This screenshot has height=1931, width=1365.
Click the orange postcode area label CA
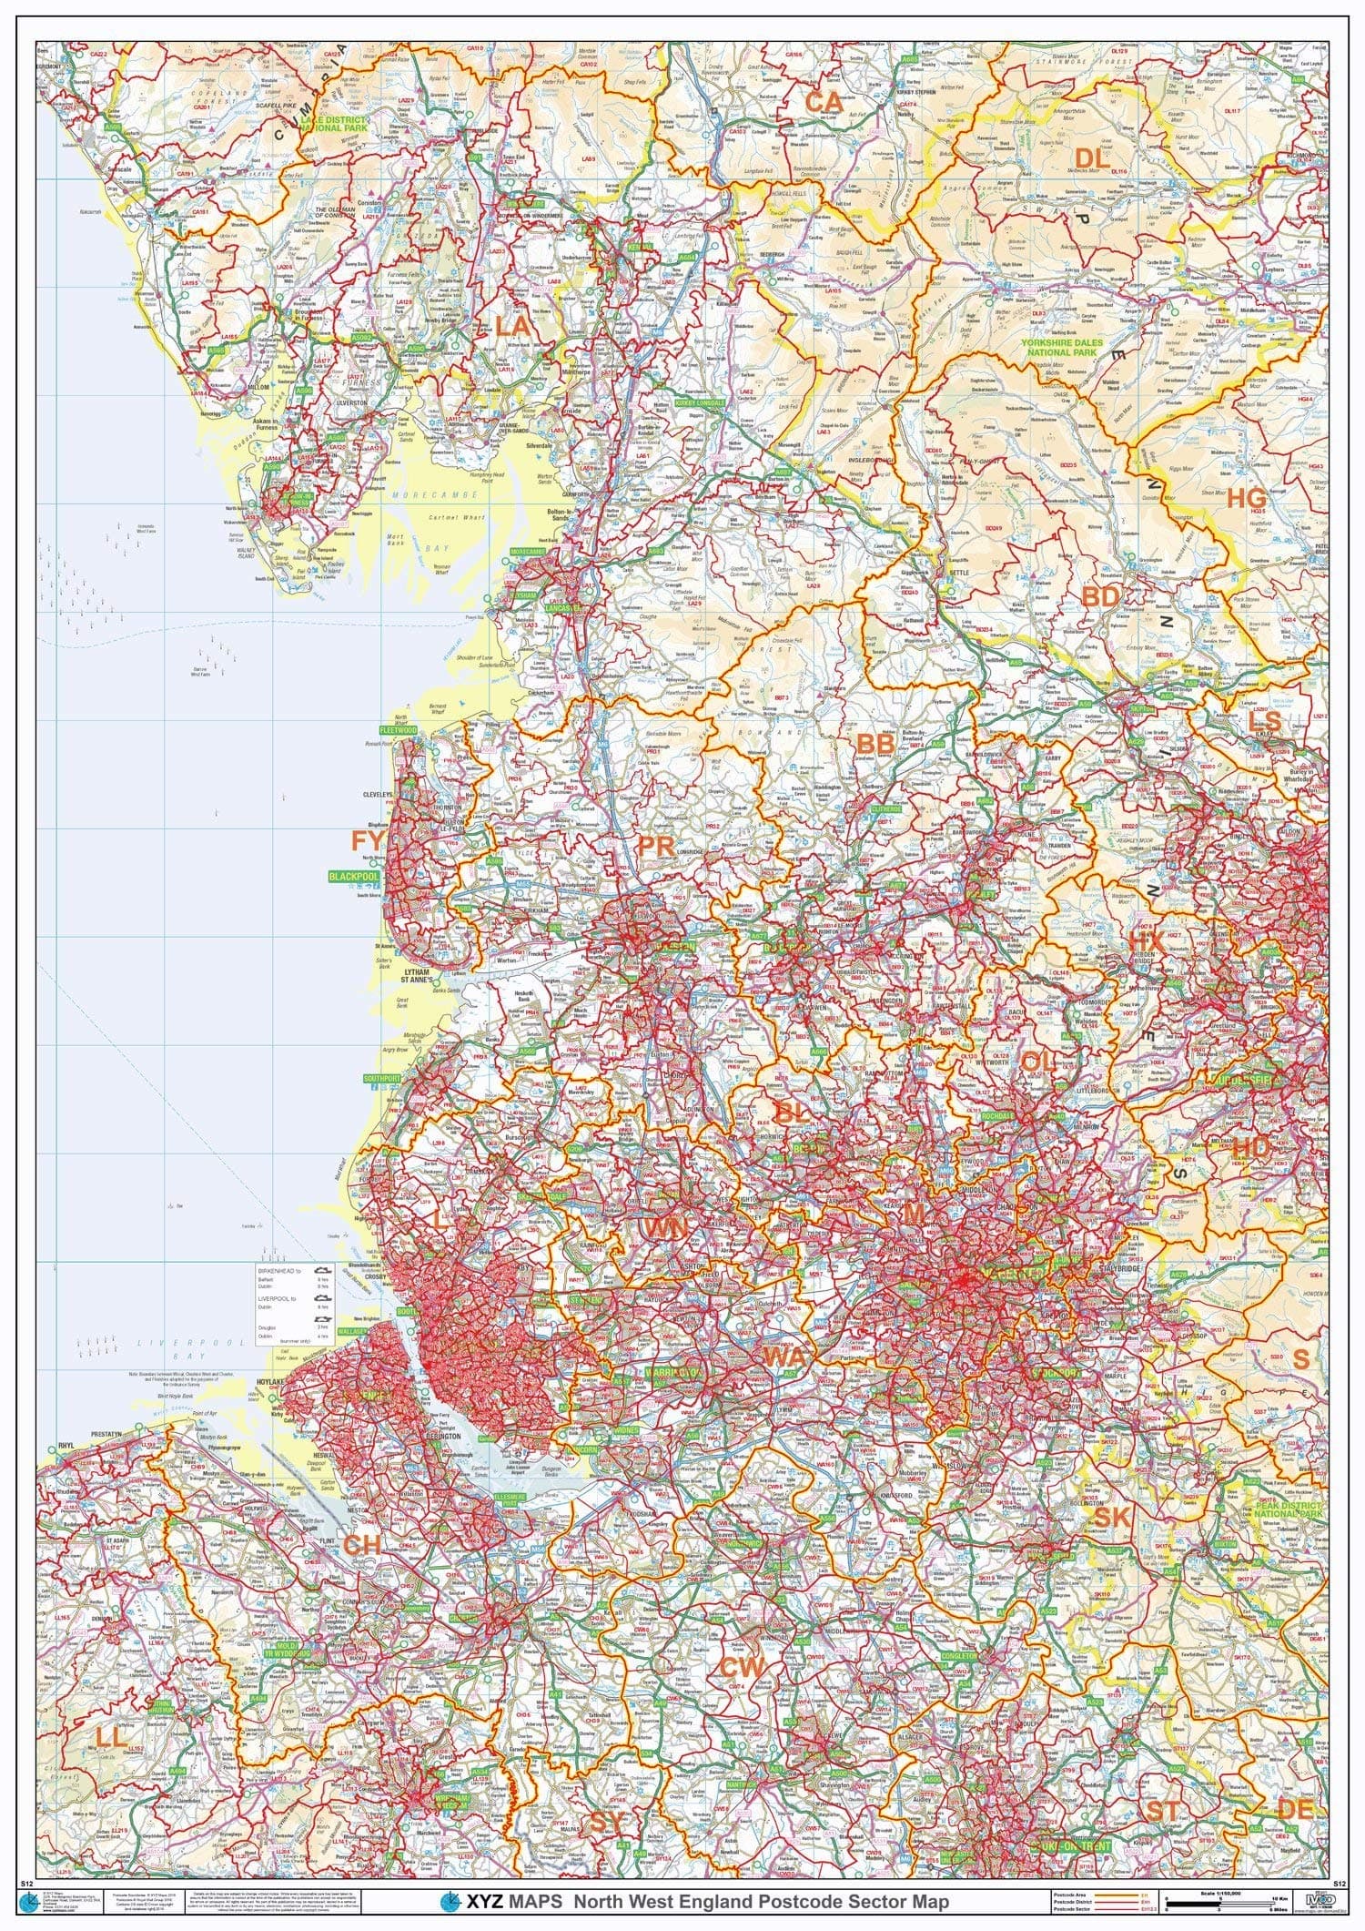point(824,103)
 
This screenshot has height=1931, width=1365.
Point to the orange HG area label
point(1246,498)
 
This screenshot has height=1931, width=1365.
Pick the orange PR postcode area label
point(655,847)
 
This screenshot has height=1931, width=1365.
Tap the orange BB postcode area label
point(875,744)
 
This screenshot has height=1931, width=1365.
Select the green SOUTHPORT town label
point(382,1079)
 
